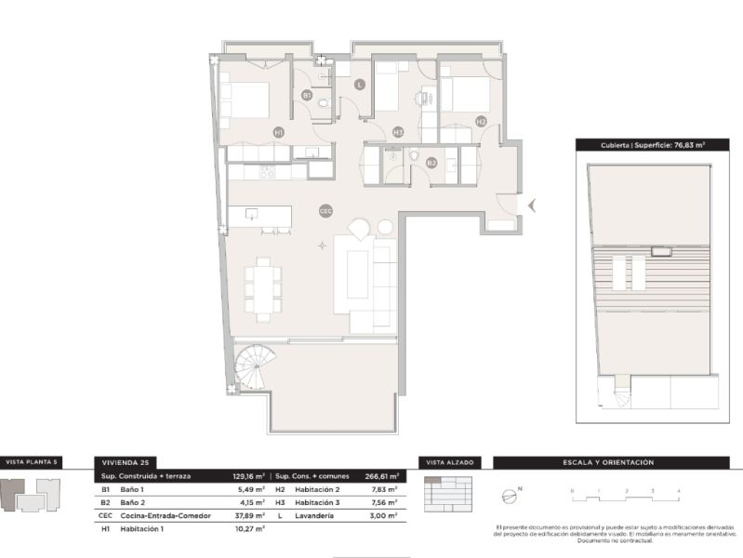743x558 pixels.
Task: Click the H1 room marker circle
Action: point(278,133)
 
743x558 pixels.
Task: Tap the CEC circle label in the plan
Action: point(325,210)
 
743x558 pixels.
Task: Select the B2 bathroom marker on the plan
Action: point(431,163)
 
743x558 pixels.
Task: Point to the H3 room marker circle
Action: point(398,132)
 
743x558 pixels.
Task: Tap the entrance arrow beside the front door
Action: point(531,205)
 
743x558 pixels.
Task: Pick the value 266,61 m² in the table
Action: point(381,475)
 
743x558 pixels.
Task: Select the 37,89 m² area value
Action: point(249,515)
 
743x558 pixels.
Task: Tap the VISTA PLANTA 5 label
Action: point(32,461)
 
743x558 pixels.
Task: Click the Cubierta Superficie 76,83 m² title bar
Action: point(641,145)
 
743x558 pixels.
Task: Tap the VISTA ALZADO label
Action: point(448,461)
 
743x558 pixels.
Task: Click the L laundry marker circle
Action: point(360,85)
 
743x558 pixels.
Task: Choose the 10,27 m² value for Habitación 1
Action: point(249,528)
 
